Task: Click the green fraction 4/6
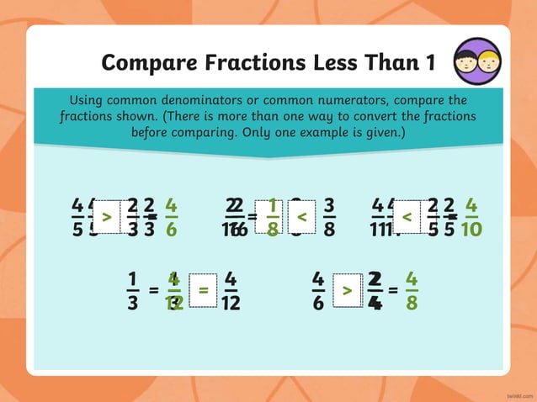click(x=171, y=218)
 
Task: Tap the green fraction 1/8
click(x=272, y=218)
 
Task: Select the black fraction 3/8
click(x=329, y=218)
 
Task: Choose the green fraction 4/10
click(x=471, y=218)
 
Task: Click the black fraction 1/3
click(x=132, y=290)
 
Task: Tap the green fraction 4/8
click(x=411, y=290)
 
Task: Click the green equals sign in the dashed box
click(x=203, y=290)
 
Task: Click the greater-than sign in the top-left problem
click(x=106, y=218)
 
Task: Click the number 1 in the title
click(x=430, y=62)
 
